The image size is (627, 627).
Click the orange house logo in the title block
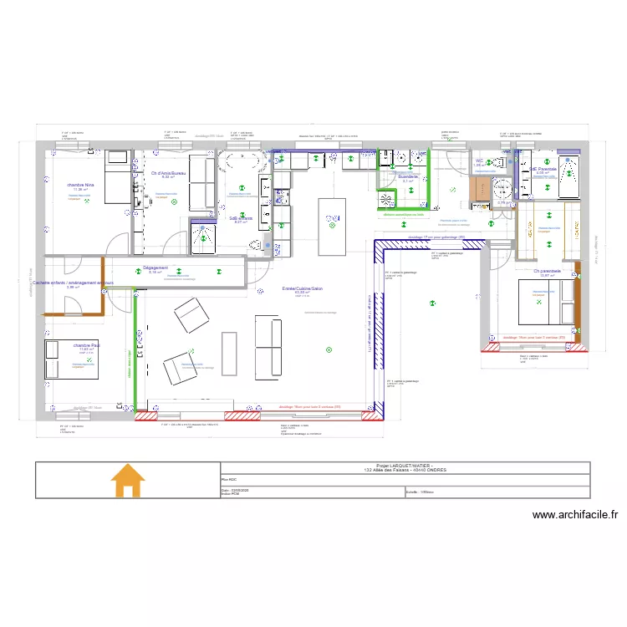(x=128, y=482)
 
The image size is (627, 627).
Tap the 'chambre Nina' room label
(x=80, y=184)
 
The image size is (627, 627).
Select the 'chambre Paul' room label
(x=86, y=344)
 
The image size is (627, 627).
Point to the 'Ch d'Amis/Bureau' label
(x=168, y=173)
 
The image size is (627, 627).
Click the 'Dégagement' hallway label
(x=155, y=268)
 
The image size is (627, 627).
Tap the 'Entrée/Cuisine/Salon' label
(x=302, y=288)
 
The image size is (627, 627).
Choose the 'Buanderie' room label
(x=408, y=176)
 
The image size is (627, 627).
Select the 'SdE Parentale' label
(x=543, y=168)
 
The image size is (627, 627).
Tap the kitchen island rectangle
(x=332, y=226)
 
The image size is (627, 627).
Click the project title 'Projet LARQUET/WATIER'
(x=404, y=467)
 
